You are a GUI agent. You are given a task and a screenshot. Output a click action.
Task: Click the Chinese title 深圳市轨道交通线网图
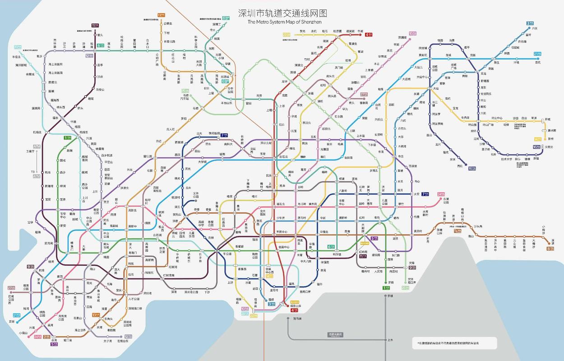click(282, 13)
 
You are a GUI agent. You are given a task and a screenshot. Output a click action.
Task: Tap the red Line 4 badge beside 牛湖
click(369, 34)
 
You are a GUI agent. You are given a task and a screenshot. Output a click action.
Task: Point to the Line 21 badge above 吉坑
click(537, 54)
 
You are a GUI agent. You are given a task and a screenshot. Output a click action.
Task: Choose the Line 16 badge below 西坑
click(472, 168)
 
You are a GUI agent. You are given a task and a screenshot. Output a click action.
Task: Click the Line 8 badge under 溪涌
click(550, 248)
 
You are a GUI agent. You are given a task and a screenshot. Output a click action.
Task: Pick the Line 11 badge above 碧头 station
click(95, 26)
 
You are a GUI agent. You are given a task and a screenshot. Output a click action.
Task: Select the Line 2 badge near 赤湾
click(46, 337)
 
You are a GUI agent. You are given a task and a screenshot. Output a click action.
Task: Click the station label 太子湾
click(107, 341)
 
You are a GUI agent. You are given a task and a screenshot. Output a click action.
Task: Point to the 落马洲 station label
click(297, 319)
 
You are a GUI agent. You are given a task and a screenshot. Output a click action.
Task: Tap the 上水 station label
click(390, 340)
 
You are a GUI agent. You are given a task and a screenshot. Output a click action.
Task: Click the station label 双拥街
click(403, 37)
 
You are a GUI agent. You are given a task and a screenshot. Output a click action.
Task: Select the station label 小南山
click(23, 333)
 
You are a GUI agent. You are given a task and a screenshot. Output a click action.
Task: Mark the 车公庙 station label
click(227, 254)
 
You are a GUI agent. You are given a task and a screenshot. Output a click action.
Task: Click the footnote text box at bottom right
click(454, 343)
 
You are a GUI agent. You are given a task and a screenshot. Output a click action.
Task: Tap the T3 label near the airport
click(32, 172)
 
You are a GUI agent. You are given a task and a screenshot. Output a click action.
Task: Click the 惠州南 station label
click(551, 130)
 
